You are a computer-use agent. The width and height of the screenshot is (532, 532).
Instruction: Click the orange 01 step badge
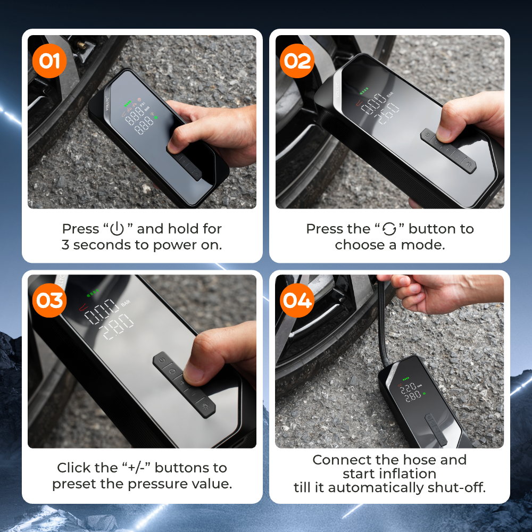click(x=49, y=61)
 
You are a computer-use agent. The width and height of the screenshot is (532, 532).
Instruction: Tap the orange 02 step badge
click(x=297, y=61)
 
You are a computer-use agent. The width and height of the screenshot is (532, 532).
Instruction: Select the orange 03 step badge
click(x=49, y=300)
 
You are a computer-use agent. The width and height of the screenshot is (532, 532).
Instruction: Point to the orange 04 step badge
click(x=297, y=300)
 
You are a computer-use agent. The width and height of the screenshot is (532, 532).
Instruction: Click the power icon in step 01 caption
click(x=117, y=229)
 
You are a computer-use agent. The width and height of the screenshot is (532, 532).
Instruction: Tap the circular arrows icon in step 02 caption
click(x=389, y=229)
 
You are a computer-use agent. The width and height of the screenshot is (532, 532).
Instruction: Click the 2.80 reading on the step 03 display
click(x=117, y=326)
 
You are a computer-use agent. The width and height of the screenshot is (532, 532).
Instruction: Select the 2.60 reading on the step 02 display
click(x=387, y=113)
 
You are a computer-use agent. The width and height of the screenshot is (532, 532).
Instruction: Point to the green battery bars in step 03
click(x=93, y=293)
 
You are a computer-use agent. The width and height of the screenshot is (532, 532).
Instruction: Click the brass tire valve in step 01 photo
click(x=81, y=45)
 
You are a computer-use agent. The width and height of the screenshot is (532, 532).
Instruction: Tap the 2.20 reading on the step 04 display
click(x=409, y=388)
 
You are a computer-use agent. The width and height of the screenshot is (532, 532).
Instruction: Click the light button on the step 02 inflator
click(x=469, y=164)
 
